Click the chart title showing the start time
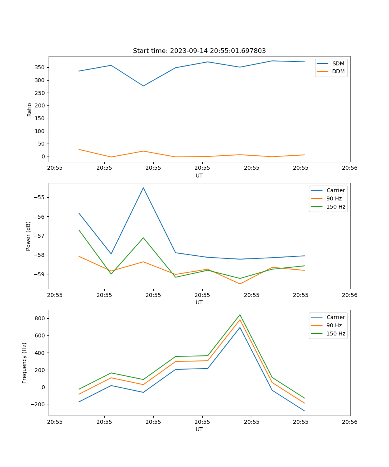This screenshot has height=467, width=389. click(199, 51)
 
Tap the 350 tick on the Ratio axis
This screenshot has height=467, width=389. click(40, 67)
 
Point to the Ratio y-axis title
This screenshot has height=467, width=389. click(29, 109)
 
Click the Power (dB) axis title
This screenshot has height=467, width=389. click(28, 236)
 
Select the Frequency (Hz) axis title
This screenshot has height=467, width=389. click(25, 363)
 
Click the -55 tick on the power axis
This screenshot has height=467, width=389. click(39, 197)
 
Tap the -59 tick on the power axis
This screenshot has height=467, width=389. click(39, 274)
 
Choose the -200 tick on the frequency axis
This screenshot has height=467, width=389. click(38, 404)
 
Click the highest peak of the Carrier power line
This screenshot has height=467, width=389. click(143, 188)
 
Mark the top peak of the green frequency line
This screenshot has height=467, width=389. click(240, 315)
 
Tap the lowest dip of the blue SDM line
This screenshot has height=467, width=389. click(143, 86)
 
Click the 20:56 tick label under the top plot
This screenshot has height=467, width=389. click(350, 168)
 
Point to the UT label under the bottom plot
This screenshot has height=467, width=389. click(199, 429)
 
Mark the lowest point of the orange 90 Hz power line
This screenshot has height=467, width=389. click(240, 284)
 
